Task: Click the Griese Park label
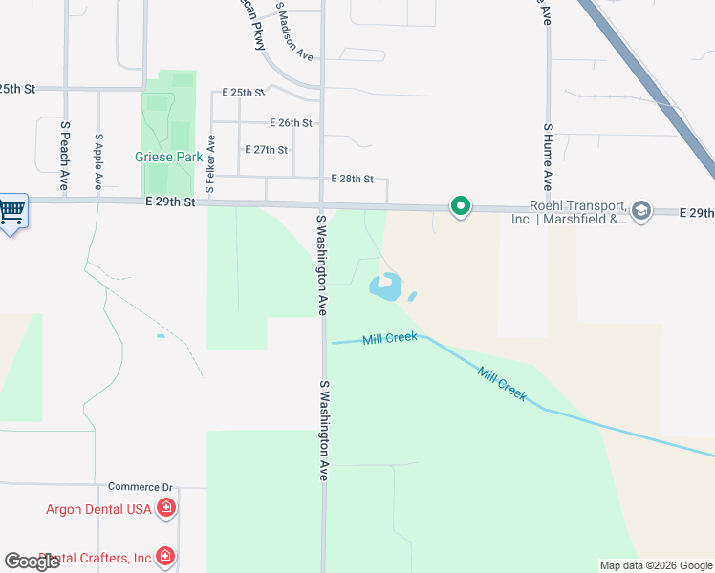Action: pos(168,158)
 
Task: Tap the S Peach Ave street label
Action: pos(65,155)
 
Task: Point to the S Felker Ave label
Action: pos(211,164)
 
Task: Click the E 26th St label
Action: pos(292,123)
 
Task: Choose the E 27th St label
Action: pos(267,150)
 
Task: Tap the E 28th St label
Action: pos(352,179)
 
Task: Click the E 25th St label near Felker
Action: pos(243,93)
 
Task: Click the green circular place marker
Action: pos(461,206)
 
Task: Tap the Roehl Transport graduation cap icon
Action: pos(642,210)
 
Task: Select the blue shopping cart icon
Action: pos(11,210)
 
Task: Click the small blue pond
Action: pos(387,286)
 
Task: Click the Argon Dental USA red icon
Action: pos(166,508)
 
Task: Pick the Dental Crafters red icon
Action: pos(166,556)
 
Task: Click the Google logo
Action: pos(32,562)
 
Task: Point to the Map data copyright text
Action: pos(655,565)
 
